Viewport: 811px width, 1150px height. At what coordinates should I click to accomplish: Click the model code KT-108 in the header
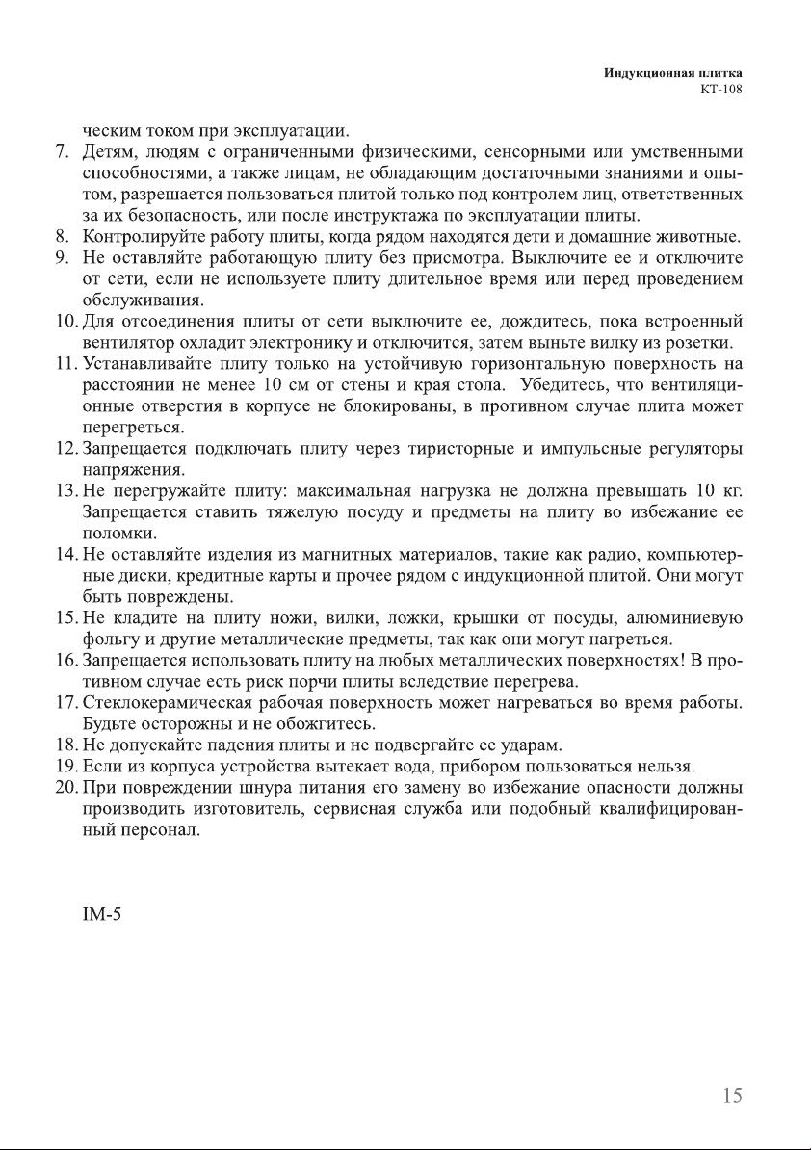pyautogui.click(x=723, y=90)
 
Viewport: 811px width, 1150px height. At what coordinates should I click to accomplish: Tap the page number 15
pyautogui.click(x=732, y=1095)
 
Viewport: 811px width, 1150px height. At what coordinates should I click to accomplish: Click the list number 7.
pyautogui.click(x=60, y=151)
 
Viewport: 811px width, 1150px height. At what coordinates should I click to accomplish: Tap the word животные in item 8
pyautogui.click(x=701, y=236)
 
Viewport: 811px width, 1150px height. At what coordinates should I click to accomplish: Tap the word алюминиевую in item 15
pyautogui.click(x=683, y=617)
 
